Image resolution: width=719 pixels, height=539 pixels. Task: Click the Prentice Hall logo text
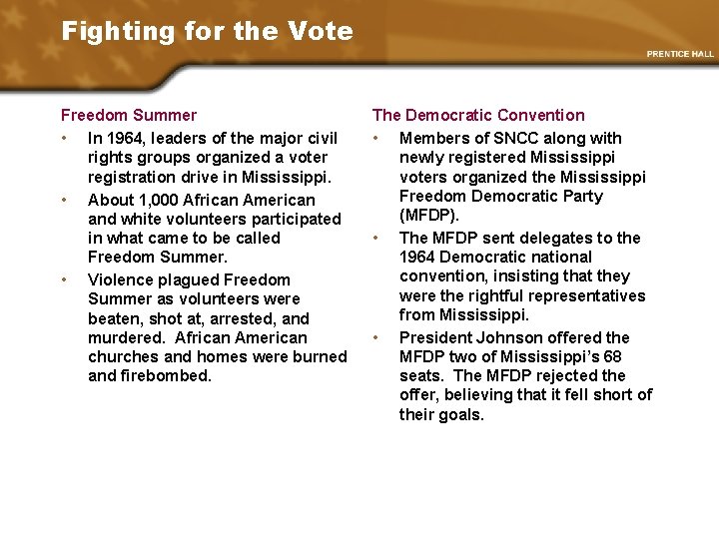680,54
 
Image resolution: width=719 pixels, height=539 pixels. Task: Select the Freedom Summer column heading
129,116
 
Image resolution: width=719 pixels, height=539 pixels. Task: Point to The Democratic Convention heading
478,116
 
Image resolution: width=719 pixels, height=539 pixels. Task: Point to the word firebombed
166,376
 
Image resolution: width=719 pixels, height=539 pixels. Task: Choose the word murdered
125,338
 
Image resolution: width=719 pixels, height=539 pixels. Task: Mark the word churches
124,357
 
